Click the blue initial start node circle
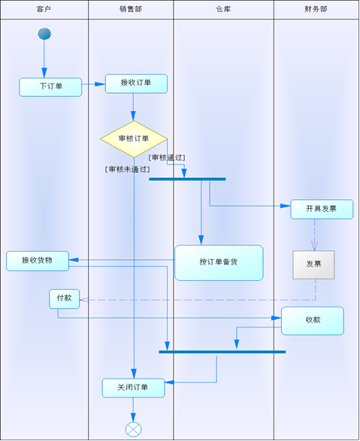point(44,34)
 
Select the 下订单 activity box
point(50,87)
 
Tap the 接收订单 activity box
point(136,83)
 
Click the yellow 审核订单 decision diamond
point(134,139)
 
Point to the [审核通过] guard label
point(167,158)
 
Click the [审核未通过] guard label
point(127,170)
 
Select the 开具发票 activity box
point(322,209)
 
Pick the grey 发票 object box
point(313,264)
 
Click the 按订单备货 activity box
point(219,263)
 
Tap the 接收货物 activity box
point(38,261)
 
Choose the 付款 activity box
point(64,298)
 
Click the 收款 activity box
point(313,320)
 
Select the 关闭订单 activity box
point(133,388)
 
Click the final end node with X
point(133,429)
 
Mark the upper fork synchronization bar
point(187,179)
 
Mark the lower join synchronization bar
point(222,352)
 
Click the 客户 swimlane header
point(44,9)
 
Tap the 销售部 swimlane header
point(131,9)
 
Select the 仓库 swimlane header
point(223,9)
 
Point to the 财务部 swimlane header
point(316,9)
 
